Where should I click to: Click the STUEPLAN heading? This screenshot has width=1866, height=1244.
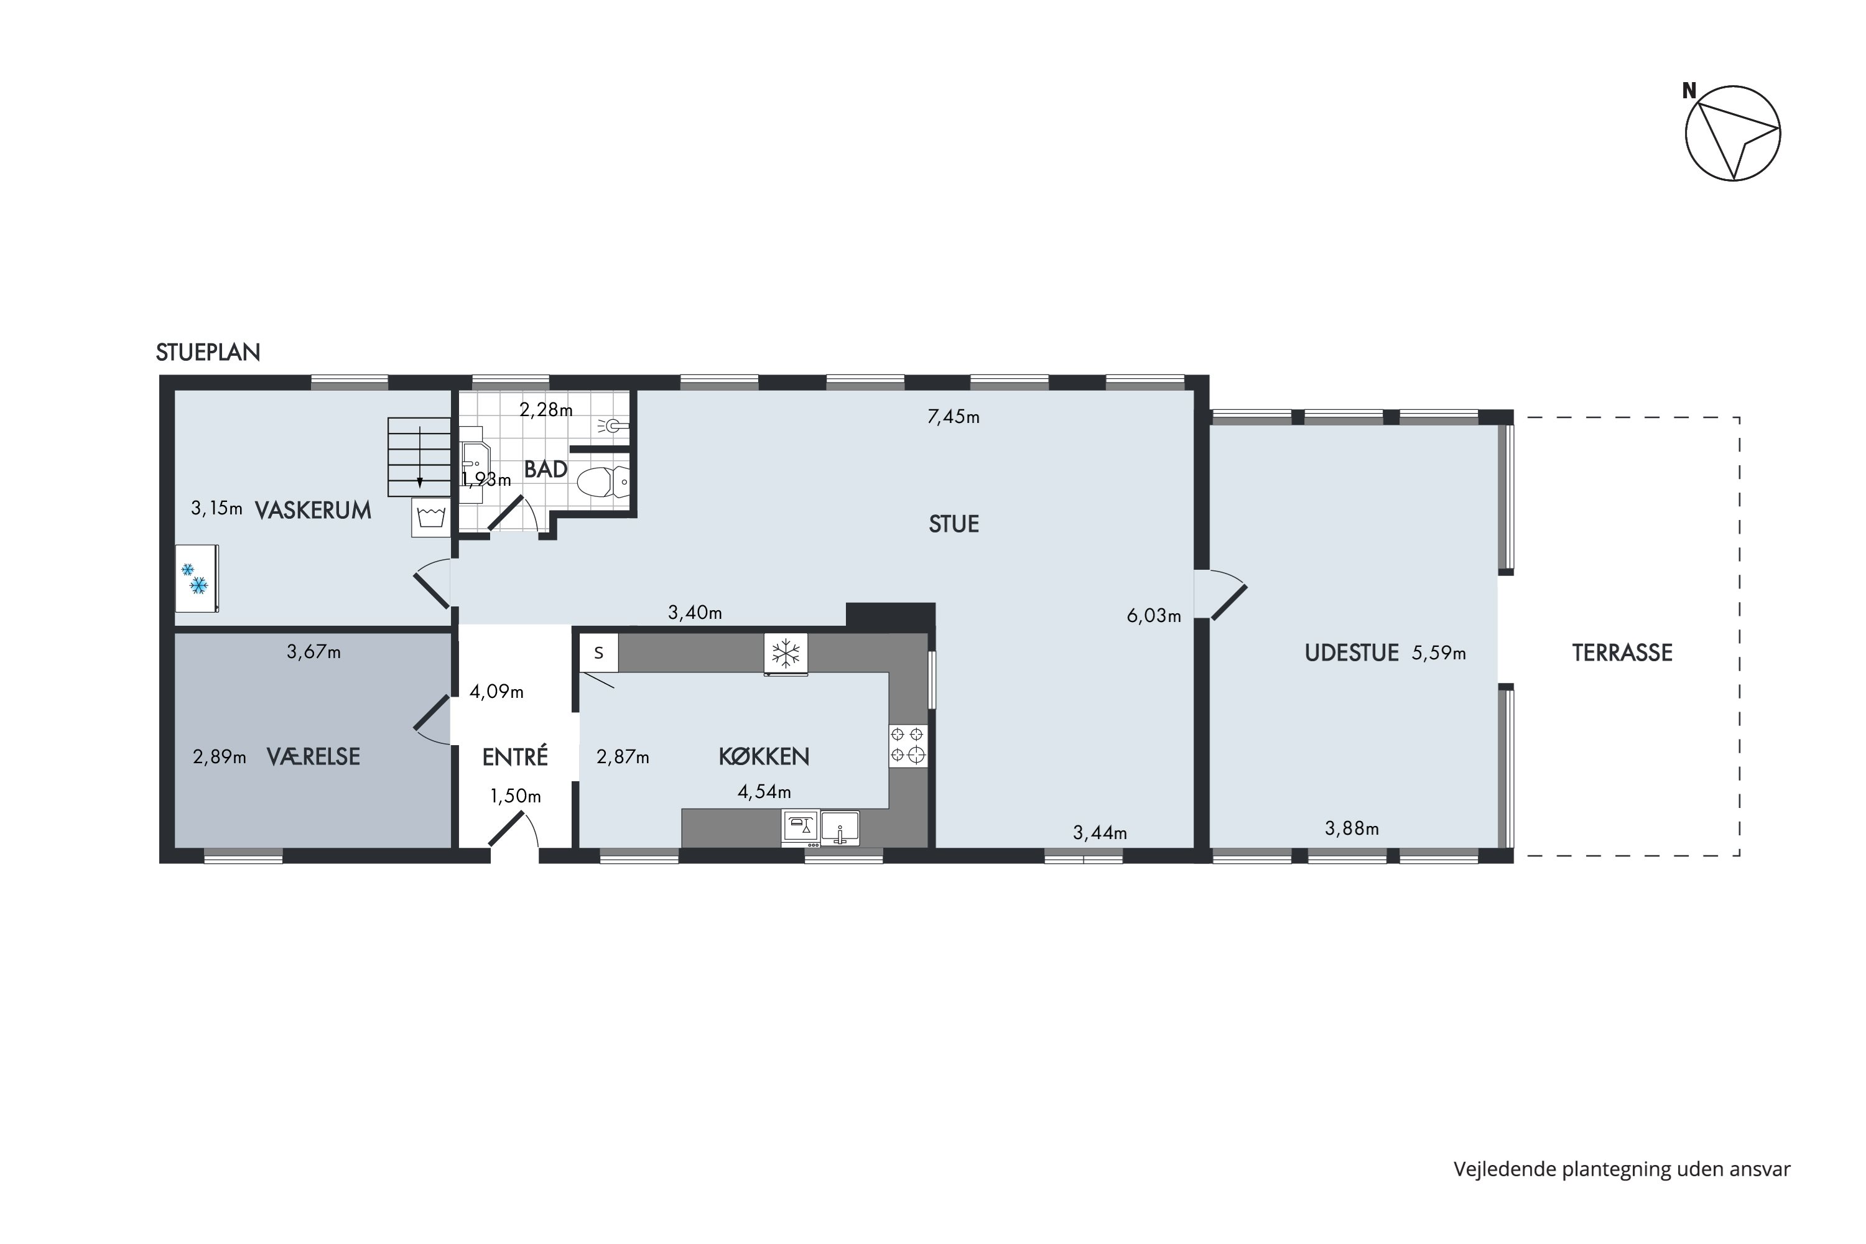(208, 352)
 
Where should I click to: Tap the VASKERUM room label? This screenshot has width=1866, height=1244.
(313, 510)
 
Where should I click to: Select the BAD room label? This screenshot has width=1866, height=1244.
(546, 469)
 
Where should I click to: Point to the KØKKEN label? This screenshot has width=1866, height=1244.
(764, 756)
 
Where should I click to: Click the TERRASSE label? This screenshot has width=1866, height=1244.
(1622, 653)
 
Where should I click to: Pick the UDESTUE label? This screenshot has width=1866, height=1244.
(1352, 653)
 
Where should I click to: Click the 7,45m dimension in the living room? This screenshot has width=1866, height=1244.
(954, 417)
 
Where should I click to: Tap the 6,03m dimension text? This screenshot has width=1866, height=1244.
(1154, 615)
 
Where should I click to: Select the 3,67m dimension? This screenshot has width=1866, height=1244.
(314, 652)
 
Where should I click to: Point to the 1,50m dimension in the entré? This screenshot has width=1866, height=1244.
(516, 796)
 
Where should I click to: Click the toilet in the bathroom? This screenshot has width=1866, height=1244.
(602, 481)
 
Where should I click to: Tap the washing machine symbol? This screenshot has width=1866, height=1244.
(431, 518)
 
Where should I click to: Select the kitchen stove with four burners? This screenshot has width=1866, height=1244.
(907, 745)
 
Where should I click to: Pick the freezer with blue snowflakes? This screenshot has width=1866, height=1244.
(197, 578)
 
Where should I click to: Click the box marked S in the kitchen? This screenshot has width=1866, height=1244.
(599, 653)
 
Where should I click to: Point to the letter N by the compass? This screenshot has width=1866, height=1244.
(1689, 91)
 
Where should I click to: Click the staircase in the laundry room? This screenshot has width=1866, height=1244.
(419, 457)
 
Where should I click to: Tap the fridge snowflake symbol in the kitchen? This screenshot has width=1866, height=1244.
(786, 654)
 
